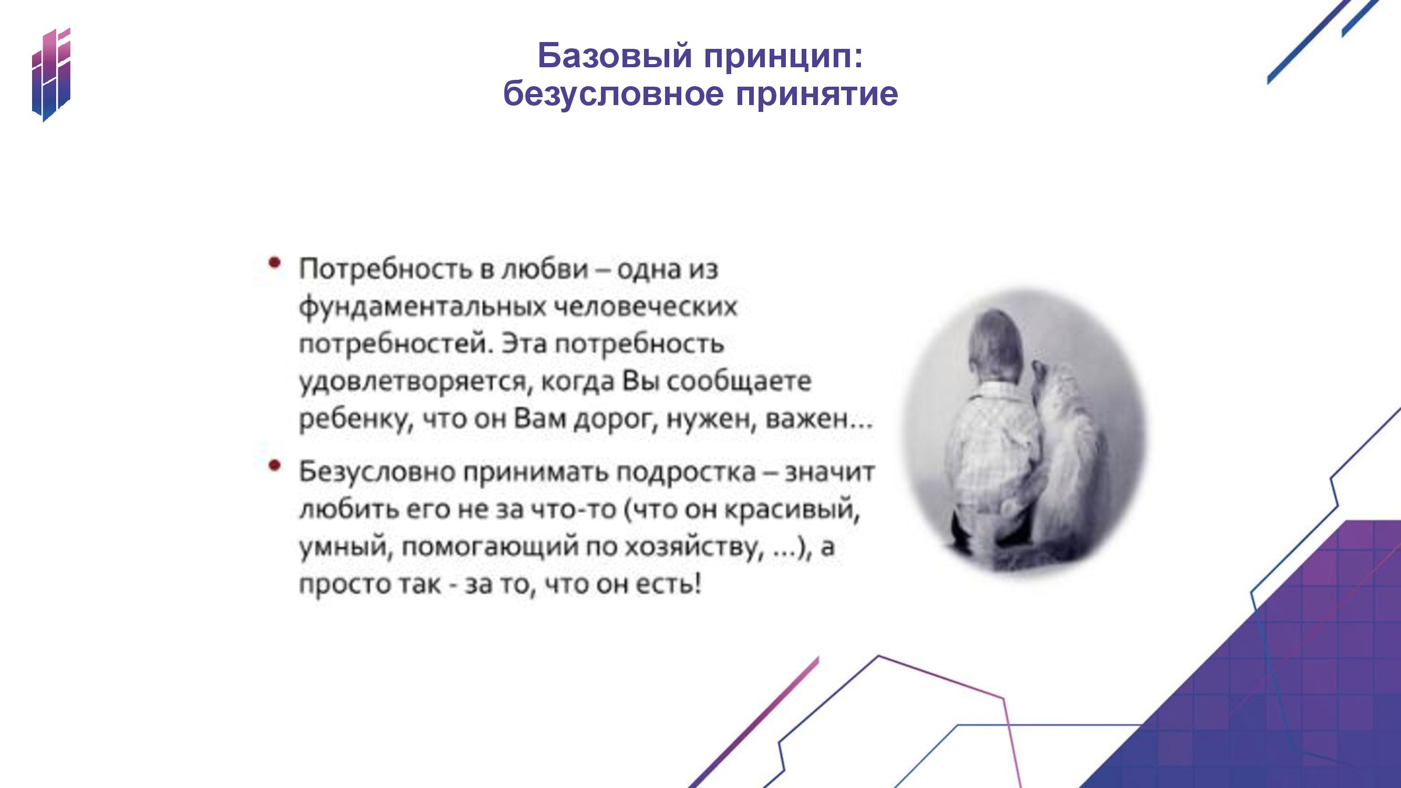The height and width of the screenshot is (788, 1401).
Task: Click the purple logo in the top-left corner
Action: point(51,75)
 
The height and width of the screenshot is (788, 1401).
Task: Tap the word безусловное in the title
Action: point(614,94)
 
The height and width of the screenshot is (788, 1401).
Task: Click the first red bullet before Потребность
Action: point(275,263)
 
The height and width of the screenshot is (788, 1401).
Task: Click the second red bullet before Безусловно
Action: point(275,465)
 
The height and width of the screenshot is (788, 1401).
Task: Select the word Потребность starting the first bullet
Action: point(385,269)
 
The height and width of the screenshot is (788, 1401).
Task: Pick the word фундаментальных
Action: point(422,307)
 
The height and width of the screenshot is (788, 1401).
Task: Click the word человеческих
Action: point(646,307)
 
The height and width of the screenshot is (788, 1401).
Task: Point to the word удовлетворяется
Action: point(413,382)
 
